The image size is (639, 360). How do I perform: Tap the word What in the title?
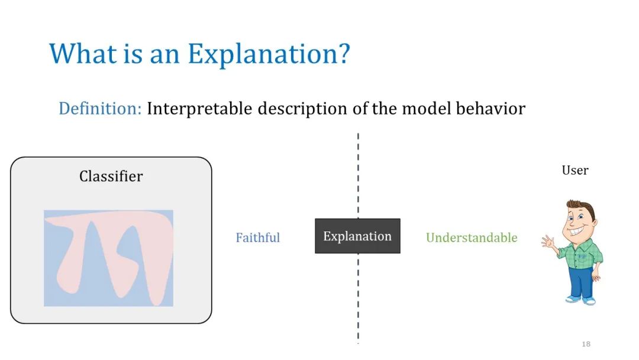[x=83, y=53]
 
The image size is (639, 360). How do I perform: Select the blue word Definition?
[x=100, y=108]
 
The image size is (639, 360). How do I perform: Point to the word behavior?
[x=490, y=108]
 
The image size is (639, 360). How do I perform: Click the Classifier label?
[x=111, y=176]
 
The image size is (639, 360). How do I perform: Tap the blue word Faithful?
[x=257, y=237]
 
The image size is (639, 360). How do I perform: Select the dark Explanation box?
[x=357, y=236]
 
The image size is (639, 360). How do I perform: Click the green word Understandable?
[x=472, y=237]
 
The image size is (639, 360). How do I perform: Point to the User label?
[x=575, y=170]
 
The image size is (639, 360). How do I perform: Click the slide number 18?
[x=586, y=344]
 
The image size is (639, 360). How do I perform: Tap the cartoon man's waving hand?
[x=548, y=242]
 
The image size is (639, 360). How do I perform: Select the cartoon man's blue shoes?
[x=581, y=300]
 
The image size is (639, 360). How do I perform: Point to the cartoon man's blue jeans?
[x=582, y=282]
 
